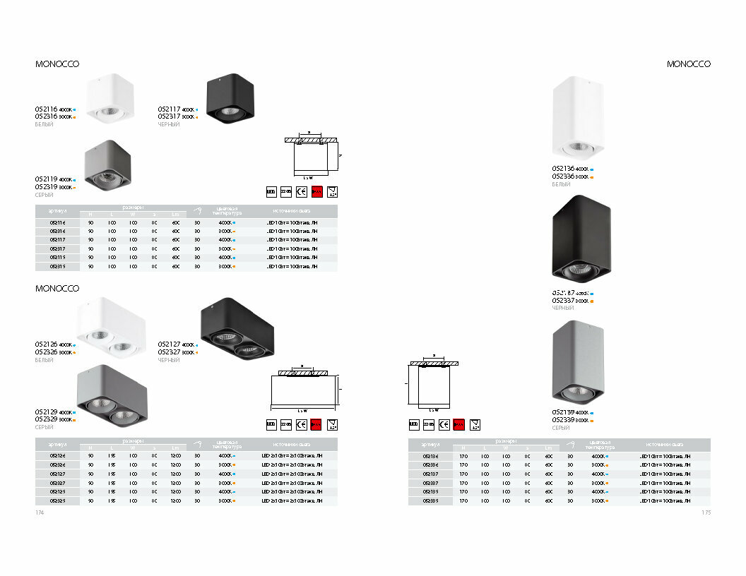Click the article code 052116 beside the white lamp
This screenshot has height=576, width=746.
coord(47,110)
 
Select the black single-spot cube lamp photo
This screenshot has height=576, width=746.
coord(230,98)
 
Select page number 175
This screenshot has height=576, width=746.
coord(706,513)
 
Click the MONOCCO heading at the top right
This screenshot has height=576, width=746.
coord(689,64)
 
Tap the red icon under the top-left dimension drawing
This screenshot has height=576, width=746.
coord(316,191)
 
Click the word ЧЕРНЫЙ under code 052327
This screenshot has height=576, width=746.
coord(169,360)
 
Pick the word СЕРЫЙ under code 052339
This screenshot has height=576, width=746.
coord(561,428)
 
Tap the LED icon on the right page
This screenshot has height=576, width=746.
coord(414,424)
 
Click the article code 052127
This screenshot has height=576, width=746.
coord(170,345)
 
